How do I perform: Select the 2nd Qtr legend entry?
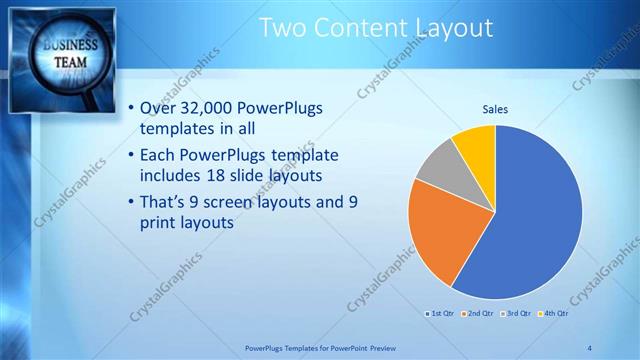click(479, 313)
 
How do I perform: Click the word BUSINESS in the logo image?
click(69, 46)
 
